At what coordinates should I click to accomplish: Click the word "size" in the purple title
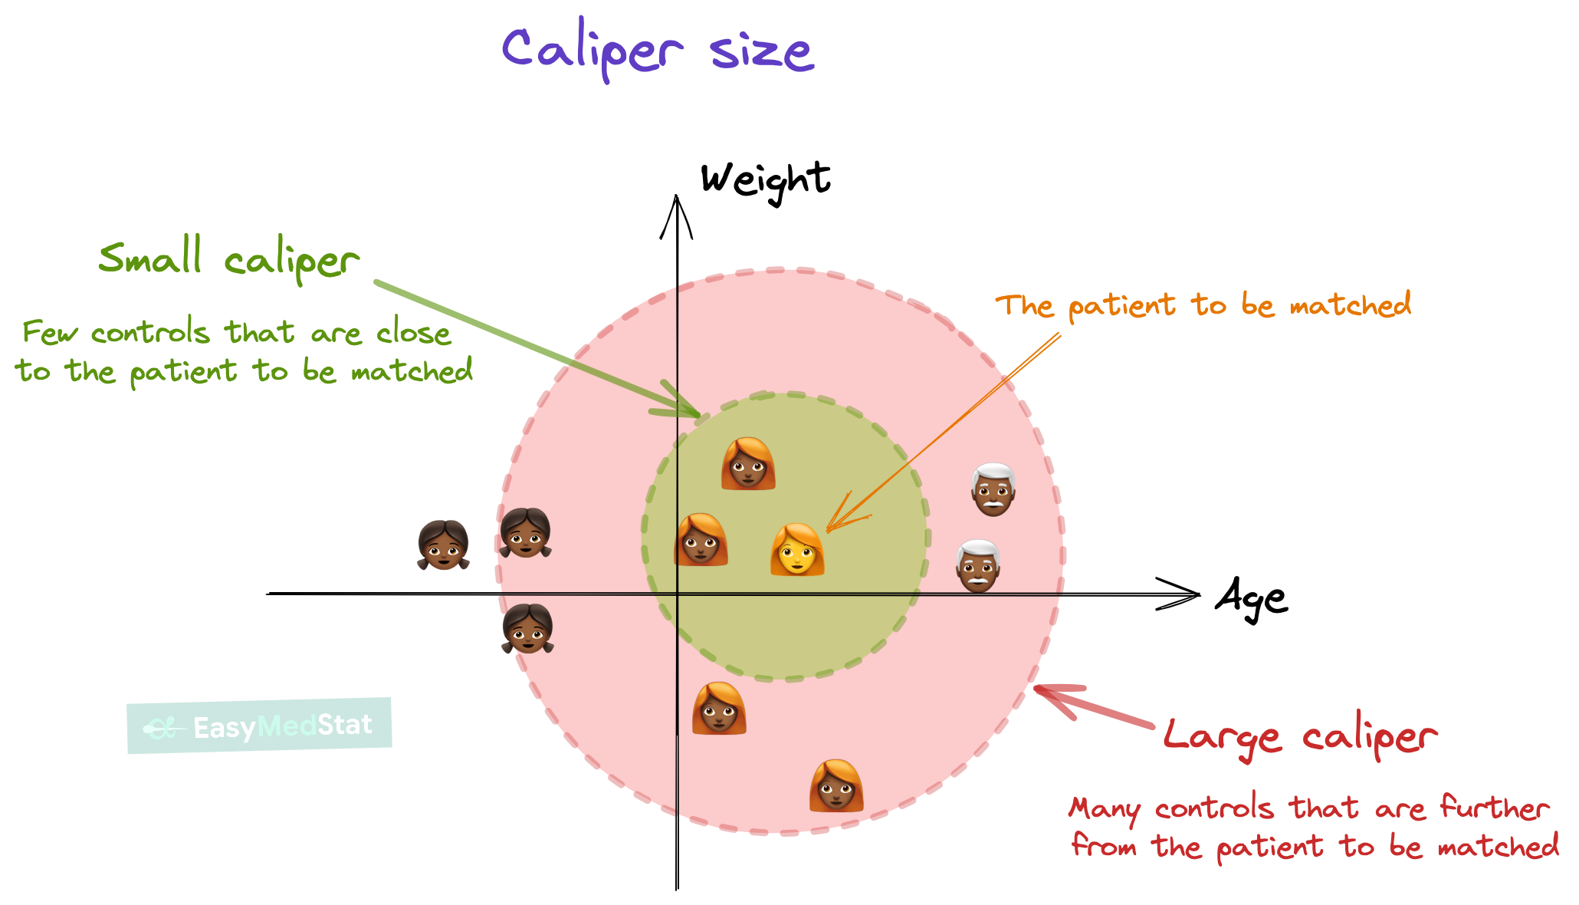pos(761,52)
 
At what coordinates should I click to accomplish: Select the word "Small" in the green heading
pos(150,256)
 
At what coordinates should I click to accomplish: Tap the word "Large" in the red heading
pos(1222,736)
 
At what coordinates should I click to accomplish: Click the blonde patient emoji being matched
pos(797,549)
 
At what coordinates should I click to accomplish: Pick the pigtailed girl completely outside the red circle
pos(443,545)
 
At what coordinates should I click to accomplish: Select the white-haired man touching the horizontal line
pos(978,566)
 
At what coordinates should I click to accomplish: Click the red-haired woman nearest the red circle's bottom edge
pos(836,785)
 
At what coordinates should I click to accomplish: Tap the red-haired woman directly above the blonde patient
pos(748,463)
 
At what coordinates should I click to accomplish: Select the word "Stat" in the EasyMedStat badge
pos(345,725)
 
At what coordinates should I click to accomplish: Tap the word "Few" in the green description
pos(50,332)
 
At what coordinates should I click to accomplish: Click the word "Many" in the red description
pos(1105,808)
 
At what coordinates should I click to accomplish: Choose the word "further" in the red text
pos(1494,807)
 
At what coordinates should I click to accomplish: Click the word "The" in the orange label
pos(1024,305)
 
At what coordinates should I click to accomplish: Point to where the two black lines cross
pos(678,594)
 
